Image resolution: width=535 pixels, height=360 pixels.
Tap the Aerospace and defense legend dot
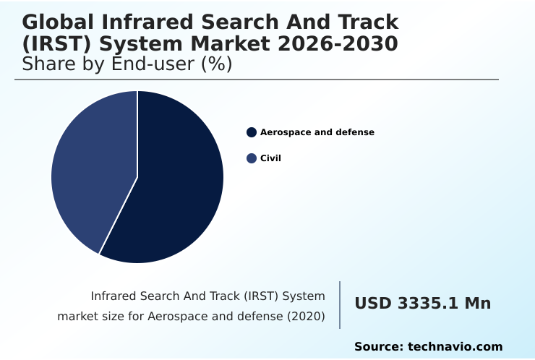[x=252, y=132]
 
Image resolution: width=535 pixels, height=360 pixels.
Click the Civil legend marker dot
[x=252, y=158]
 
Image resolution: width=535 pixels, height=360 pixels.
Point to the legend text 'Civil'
[x=270, y=158]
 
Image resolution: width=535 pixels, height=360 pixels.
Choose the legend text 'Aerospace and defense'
[x=317, y=132]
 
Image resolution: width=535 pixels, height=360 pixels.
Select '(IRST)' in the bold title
[x=55, y=44]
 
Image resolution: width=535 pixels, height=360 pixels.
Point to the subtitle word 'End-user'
[x=149, y=64]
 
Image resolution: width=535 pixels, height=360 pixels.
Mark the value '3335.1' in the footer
[x=427, y=304]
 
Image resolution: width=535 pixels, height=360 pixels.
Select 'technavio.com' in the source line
[x=455, y=347]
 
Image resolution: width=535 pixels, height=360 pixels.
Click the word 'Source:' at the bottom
[x=378, y=347]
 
